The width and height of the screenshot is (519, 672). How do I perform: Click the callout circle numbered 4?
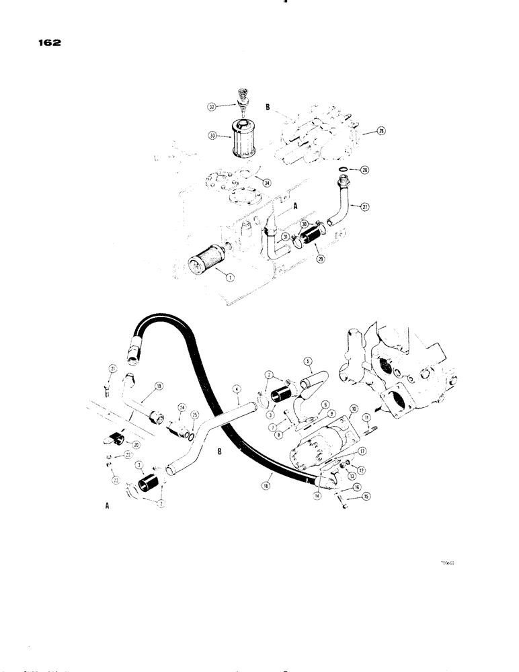pos(235,388)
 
